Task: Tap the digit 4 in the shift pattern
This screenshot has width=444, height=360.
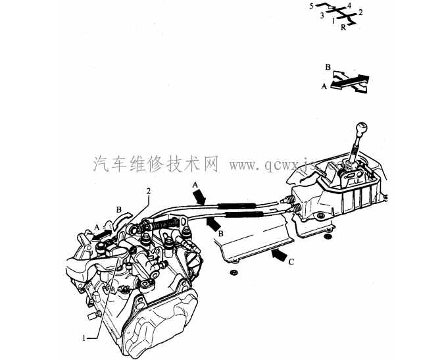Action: (349, 5)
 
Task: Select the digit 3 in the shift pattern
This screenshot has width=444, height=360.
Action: (322, 15)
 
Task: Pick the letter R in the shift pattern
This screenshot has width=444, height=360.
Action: (343, 29)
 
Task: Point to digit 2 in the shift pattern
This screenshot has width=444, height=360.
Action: (360, 13)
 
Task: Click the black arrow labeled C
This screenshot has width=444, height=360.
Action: (278, 252)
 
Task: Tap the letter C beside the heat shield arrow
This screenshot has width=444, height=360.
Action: (290, 262)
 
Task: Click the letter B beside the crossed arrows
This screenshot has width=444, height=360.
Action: (328, 67)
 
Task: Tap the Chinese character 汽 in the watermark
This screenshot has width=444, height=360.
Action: (101, 163)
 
